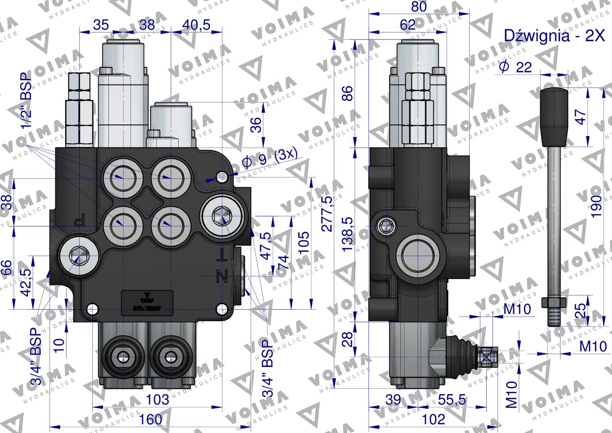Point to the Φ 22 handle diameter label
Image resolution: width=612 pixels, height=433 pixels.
(515, 67)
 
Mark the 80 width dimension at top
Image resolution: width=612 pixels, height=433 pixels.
(419, 7)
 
